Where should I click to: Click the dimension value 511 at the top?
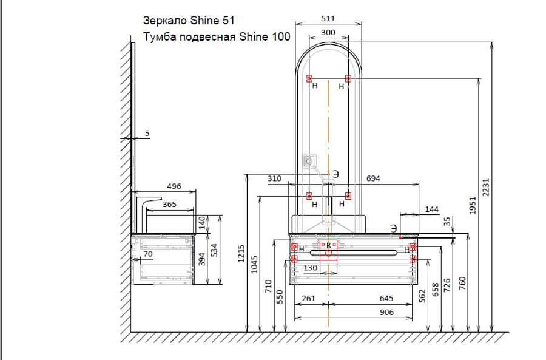pyautogui.click(x=328, y=18)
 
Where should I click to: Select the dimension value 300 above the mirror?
pyautogui.click(x=328, y=32)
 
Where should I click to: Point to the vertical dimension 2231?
pyautogui.click(x=486, y=188)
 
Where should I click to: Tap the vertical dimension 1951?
pyautogui.click(x=472, y=206)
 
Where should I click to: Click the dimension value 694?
pyautogui.click(x=373, y=178)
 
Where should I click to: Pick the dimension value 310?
pyautogui.click(x=274, y=178)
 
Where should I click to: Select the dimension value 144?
pyautogui.click(x=432, y=209)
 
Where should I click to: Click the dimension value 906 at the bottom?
pyautogui.click(x=386, y=312)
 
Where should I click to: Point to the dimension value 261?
pyautogui.click(x=309, y=298)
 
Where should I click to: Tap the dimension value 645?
pyautogui.click(x=386, y=298)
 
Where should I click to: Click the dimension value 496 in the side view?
pyautogui.click(x=174, y=186)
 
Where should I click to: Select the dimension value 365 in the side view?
pyautogui.click(x=170, y=204)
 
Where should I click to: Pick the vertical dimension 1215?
pyautogui.click(x=241, y=254)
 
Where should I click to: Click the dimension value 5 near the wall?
pyautogui.click(x=147, y=133)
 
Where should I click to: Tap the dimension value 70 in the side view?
pyautogui.click(x=148, y=254)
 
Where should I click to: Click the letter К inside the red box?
pyautogui.click(x=329, y=245)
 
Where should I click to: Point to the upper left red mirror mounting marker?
pyautogui.click(x=309, y=78)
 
